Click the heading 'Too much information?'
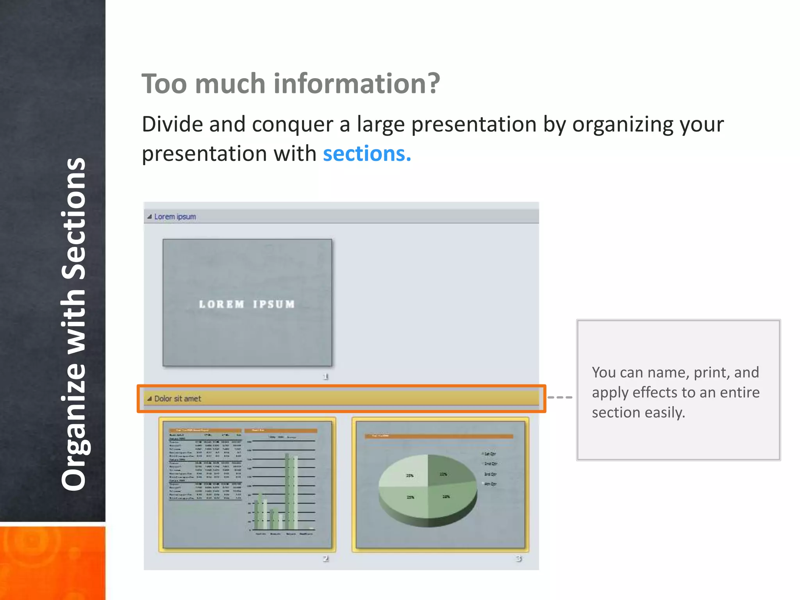point(291,84)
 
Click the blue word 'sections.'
point(367,154)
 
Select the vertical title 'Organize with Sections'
point(73,324)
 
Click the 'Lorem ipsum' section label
point(175,217)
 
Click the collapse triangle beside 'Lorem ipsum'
point(149,217)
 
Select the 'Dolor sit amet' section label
point(177,399)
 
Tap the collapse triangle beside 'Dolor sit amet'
point(149,399)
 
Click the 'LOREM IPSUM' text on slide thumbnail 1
point(247,304)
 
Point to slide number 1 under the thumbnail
point(325,377)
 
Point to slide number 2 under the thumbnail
point(325,559)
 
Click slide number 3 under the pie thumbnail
point(518,559)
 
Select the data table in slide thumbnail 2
point(205,465)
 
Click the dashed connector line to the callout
point(560,397)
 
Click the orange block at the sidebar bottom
point(52,562)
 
